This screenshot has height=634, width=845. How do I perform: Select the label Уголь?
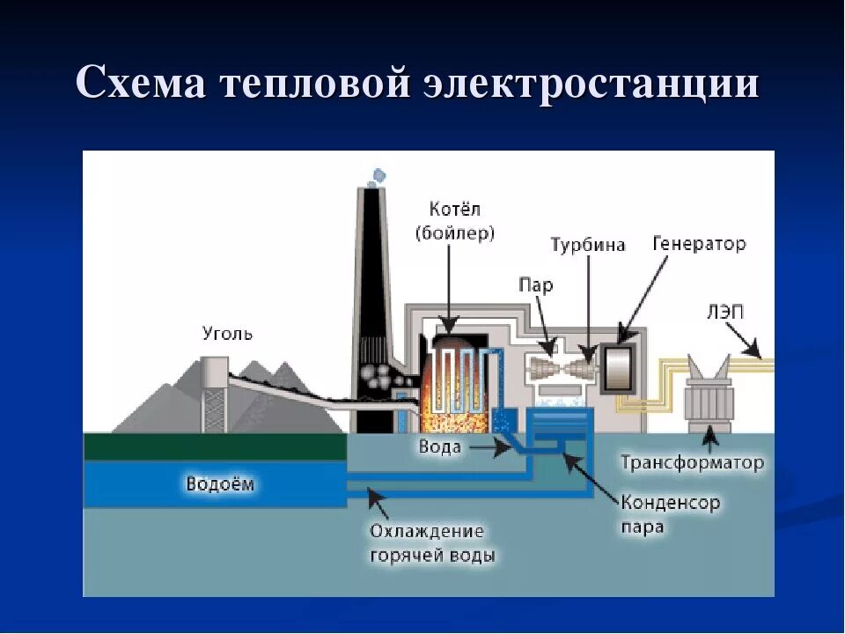pos(227,334)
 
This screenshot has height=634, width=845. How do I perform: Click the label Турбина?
pos(588,244)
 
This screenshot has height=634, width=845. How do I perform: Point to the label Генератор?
pos(699,243)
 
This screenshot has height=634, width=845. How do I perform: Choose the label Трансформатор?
pos(692,462)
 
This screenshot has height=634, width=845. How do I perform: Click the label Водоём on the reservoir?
pos(225,483)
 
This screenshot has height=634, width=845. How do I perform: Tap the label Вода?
pos(438,447)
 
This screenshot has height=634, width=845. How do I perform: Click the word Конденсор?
pos(671,504)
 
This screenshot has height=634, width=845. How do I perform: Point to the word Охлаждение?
pos(427,532)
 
